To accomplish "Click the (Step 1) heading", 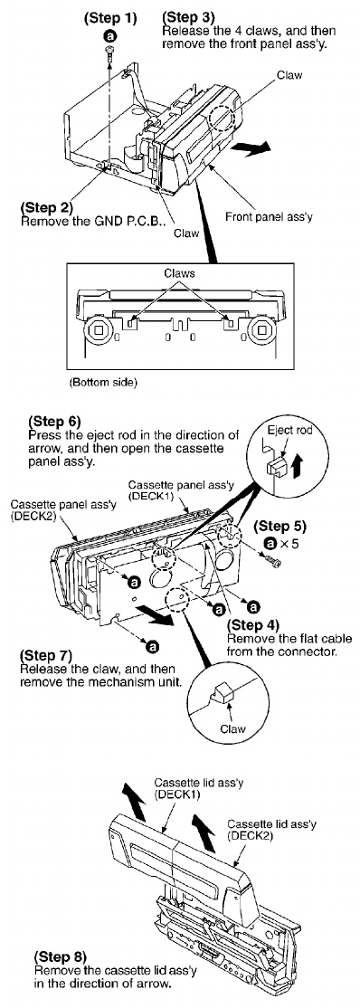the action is (x=110, y=19).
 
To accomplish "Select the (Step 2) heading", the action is (x=47, y=208).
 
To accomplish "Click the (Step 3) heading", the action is (x=190, y=14).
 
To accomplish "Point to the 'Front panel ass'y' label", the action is (x=269, y=216).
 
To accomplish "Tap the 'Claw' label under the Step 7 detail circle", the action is (x=229, y=729).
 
